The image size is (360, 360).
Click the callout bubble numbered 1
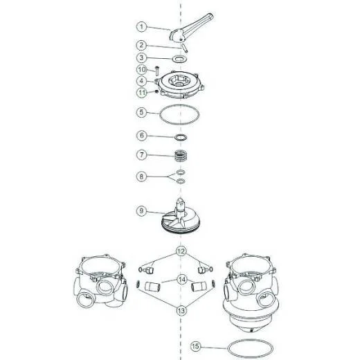tap(141, 27)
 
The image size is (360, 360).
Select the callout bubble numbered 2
tap(141, 45)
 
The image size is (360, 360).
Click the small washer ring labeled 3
tap(179, 59)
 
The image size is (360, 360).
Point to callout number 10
tap(142, 69)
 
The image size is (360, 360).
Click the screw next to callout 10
tap(157, 70)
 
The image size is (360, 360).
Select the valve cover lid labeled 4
tap(180, 85)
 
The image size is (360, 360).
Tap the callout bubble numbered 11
tap(142, 93)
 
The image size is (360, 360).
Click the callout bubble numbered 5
tap(141, 113)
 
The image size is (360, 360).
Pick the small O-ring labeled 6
tap(181, 138)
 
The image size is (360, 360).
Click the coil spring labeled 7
tap(181, 156)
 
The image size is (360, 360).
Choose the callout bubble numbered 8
tap(141, 177)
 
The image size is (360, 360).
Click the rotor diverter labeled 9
tap(181, 217)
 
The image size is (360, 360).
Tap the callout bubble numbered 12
tap(181, 251)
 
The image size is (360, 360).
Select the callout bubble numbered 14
tap(182, 280)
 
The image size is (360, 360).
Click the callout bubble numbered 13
tap(181, 311)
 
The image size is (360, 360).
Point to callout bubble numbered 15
tap(195, 346)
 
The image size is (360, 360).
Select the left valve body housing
tap(100, 281)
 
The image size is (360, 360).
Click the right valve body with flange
tap(251, 293)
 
